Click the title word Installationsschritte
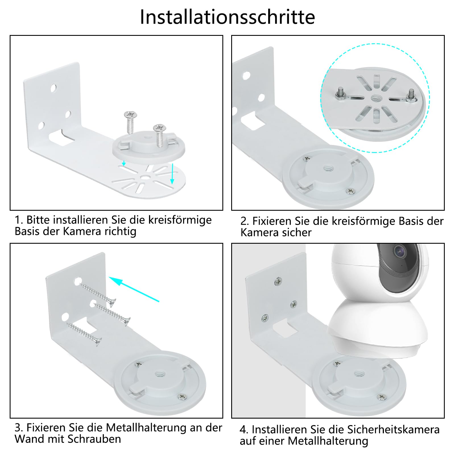227,17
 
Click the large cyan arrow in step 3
134,289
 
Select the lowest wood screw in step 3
84,334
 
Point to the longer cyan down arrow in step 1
172,173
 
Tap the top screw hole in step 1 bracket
53,88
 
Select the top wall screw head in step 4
278,282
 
